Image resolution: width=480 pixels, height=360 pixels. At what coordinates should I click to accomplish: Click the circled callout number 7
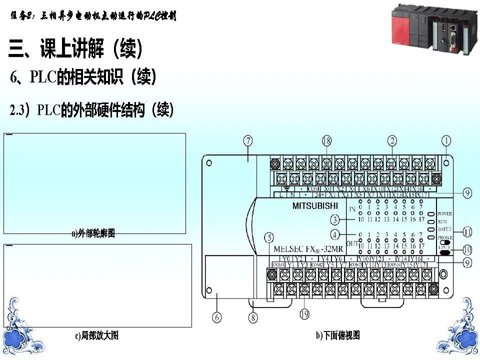pos(248,141)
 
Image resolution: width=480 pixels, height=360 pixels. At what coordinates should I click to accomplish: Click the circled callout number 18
pos(326,141)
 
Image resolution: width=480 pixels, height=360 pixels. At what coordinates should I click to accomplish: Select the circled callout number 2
pos(393,141)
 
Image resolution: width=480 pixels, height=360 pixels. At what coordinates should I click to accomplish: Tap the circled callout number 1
pos(445,141)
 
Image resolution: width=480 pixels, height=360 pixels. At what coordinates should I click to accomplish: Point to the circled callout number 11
pos(466,232)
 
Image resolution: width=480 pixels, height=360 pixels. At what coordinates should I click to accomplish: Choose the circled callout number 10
pos(466,248)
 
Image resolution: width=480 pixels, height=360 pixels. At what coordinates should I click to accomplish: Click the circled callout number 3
pos(335,219)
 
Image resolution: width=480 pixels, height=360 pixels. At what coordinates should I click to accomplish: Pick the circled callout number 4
pos(335,233)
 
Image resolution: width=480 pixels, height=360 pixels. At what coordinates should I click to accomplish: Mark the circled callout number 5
pos(269,238)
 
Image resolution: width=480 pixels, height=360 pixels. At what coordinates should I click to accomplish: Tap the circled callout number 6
pos(216,317)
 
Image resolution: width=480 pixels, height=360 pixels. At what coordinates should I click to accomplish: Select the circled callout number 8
pos(254,317)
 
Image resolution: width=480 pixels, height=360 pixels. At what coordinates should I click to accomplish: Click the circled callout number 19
pos(304,314)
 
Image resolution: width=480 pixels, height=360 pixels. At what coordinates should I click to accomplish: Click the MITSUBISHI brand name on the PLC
pos(314,205)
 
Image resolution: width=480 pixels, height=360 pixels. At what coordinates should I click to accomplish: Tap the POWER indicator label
pos(444,213)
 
